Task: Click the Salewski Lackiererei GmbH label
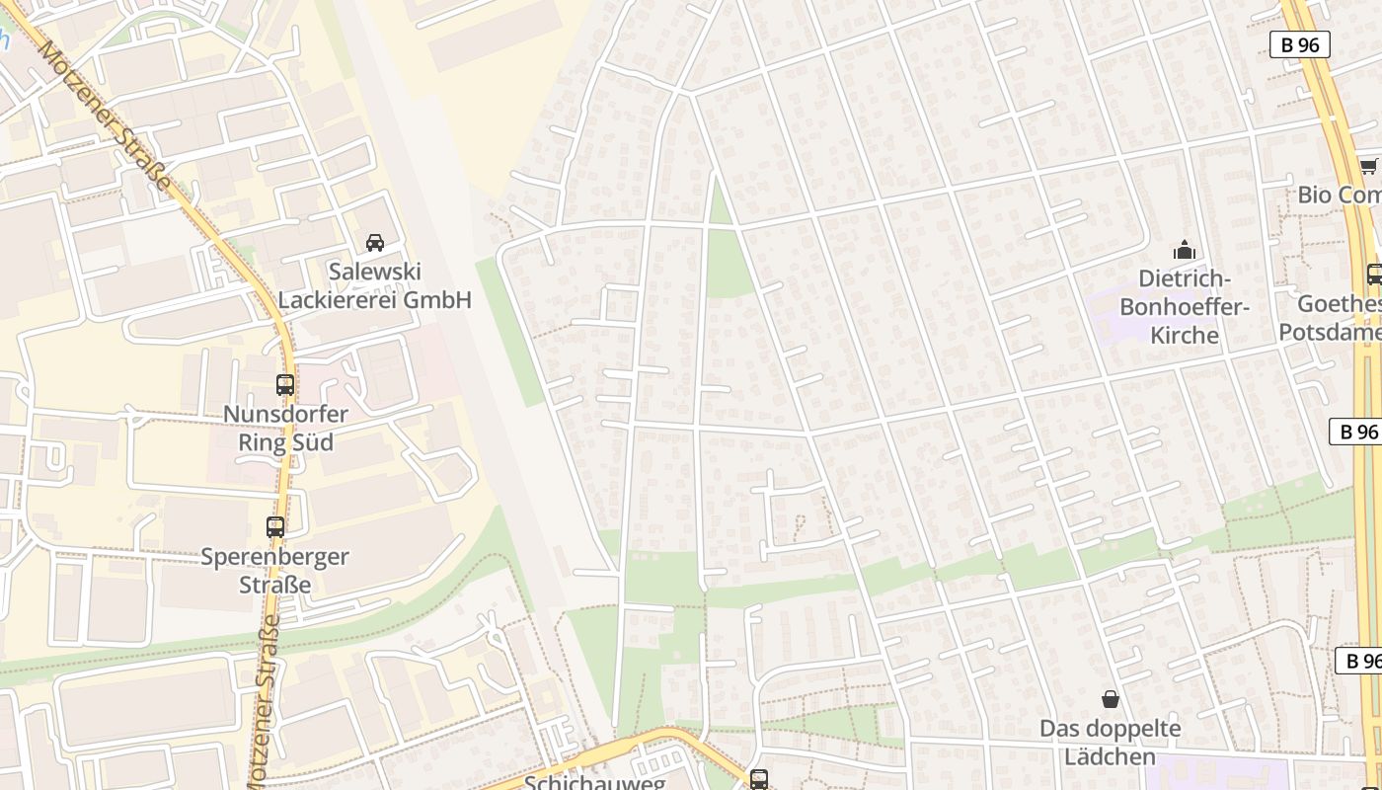tap(374, 285)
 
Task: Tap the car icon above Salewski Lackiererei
tap(375, 242)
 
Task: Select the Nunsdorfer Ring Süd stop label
tap(285, 428)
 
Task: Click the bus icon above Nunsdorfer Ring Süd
tap(285, 385)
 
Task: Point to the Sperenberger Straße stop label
tap(275, 570)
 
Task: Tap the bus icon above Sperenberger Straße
tap(275, 527)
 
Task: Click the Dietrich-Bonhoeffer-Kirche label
tap(1184, 306)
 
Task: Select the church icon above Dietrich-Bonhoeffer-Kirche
tap(1184, 250)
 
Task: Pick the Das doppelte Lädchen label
tap(1111, 743)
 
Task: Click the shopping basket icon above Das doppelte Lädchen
tap(1111, 699)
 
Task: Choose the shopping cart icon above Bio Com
tap(1368, 166)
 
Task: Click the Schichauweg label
tap(594, 782)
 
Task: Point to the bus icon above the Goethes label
tap(1374, 275)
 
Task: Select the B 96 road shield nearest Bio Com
tap(1299, 44)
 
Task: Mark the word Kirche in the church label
tap(1184, 335)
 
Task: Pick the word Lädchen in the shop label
tap(1111, 756)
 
